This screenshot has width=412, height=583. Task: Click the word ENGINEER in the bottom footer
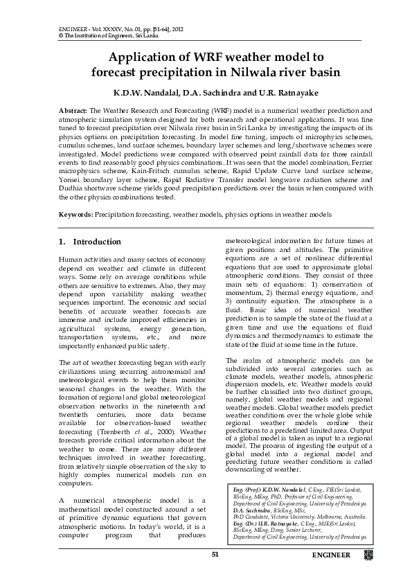click(331, 555)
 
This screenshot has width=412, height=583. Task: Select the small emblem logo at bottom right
click(368, 555)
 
